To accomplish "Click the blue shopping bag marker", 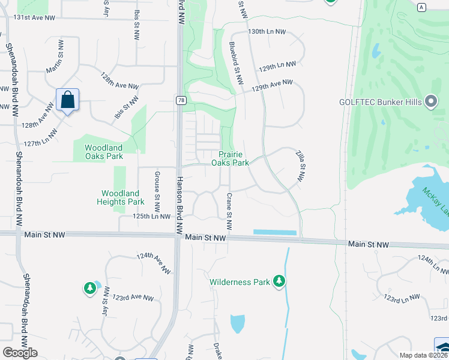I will (x=68, y=100).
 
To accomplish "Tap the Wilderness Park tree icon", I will (x=279, y=281).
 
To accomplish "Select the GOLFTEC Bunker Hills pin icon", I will (x=430, y=101).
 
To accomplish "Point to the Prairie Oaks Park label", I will (x=231, y=158).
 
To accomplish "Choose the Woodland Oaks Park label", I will (x=103, y=152).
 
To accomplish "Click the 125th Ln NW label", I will (x=152, y=216).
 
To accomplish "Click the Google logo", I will (x=20, y=353).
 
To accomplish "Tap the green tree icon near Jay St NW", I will (x=90, y=289).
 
